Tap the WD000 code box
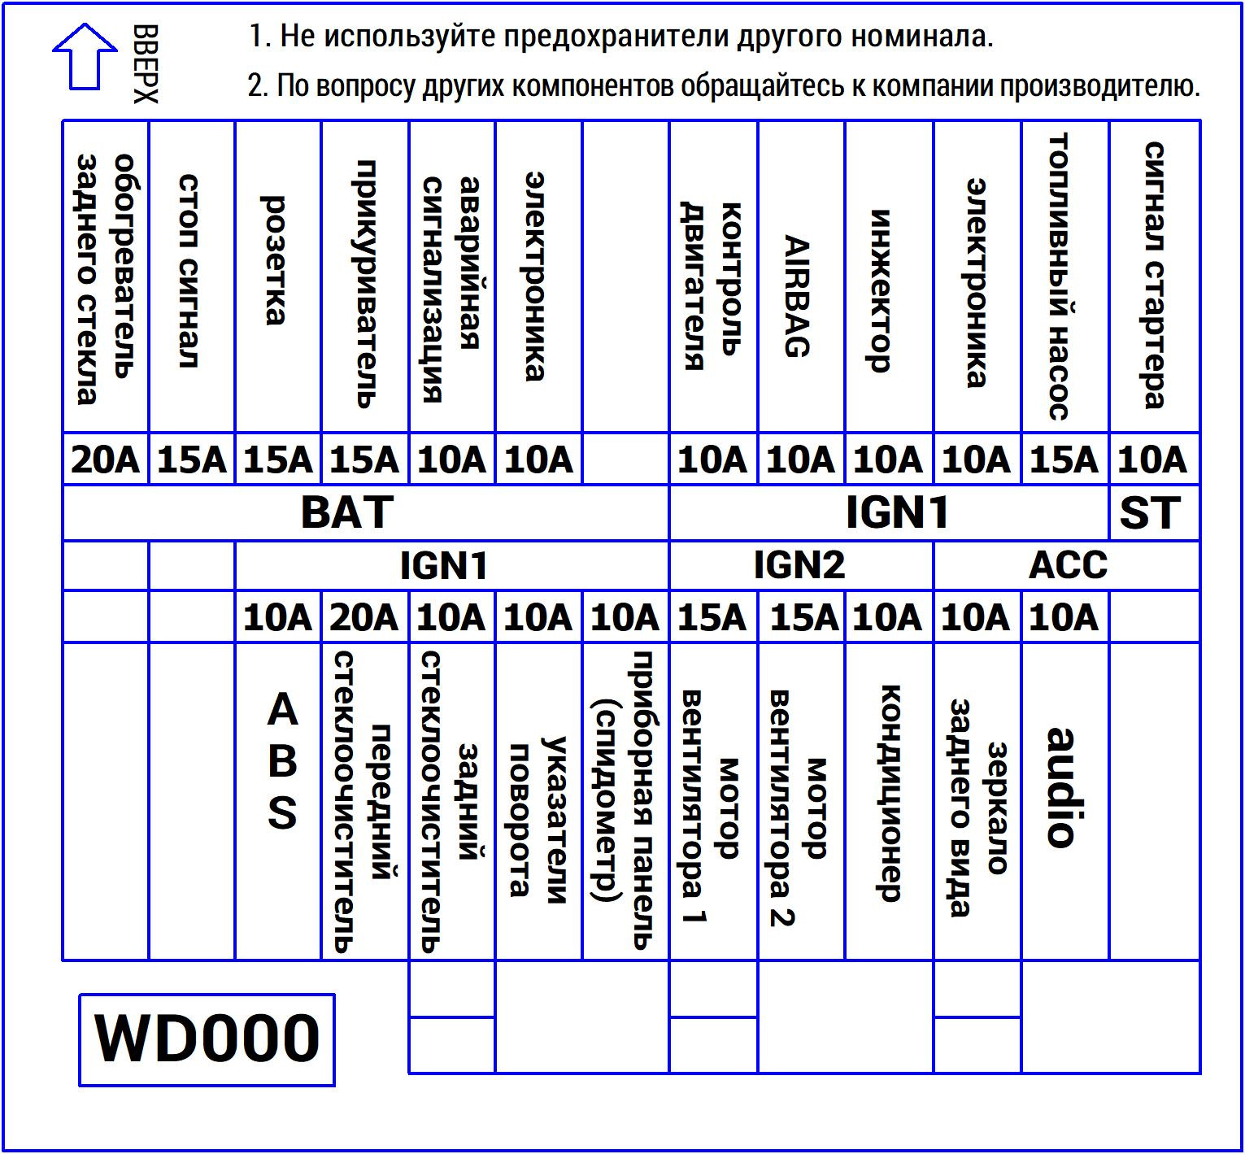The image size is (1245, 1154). (207, 1039)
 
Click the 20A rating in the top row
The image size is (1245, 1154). (106, 459)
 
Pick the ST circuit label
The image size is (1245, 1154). (1150, 512)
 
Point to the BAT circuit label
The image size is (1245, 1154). (347, 512)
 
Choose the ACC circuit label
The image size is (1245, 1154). (1068, 565)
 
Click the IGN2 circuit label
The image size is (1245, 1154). (799, 565)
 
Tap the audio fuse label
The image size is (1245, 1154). (1061, 787)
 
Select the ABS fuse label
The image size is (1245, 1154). (282, 761)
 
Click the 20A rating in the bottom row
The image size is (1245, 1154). (363, 618)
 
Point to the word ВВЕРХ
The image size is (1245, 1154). (146, 63)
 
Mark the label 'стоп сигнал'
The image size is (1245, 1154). (189, 271)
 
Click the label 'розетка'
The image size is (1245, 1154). (276, 260)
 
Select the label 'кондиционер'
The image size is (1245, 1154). (890, 793)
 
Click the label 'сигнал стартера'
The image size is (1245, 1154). (1155, 275)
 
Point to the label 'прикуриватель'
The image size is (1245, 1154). (365, 283)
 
